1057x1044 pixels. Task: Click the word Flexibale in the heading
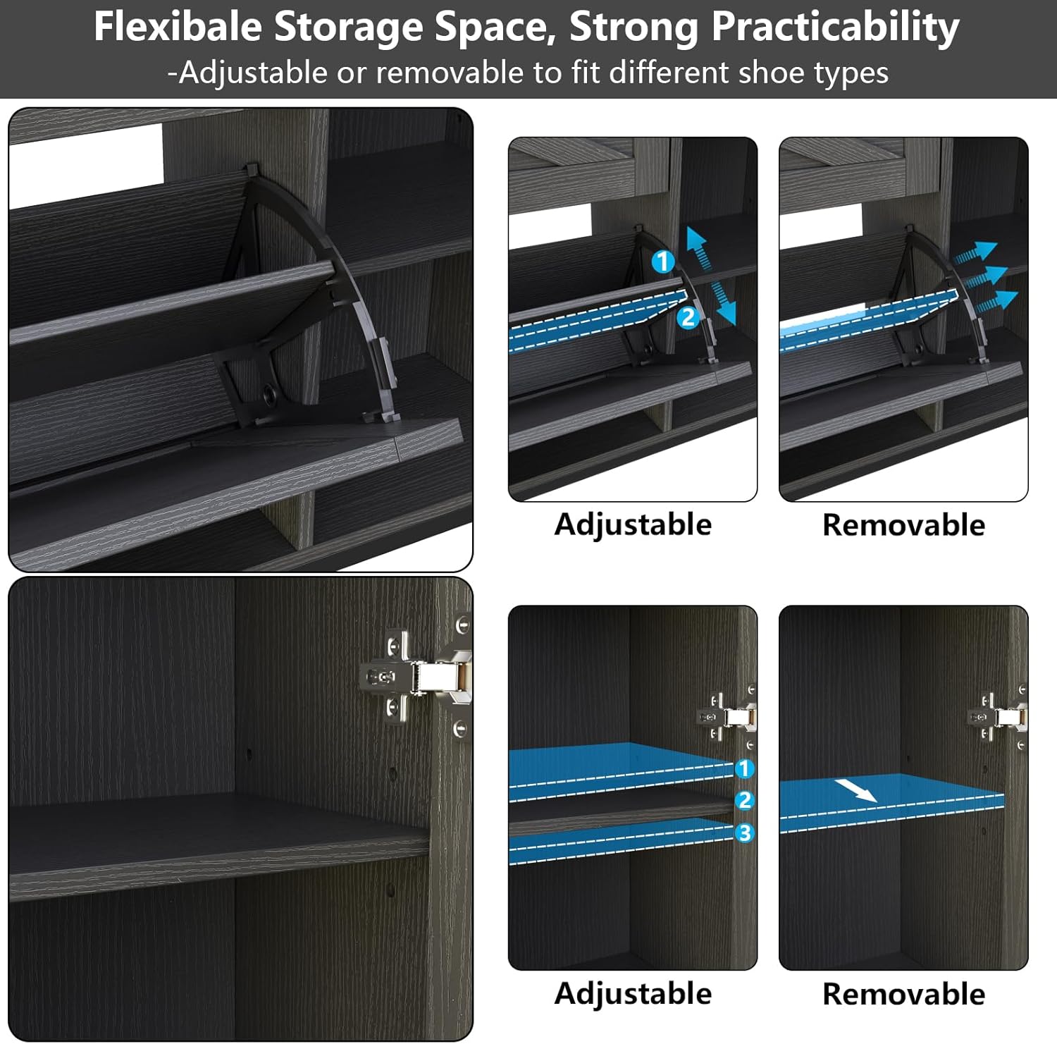click(x=178, y=27)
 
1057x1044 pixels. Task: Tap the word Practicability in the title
click(x=835, y=28)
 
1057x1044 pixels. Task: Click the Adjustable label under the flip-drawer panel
click(x=633, y=525)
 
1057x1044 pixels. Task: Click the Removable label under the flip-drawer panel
click(x=903, y=525)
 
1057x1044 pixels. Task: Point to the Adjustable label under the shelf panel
click(x=633, y=994)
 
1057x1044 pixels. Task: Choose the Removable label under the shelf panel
click(x=903, y=994)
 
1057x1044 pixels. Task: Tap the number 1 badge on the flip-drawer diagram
click(x=662, y=262)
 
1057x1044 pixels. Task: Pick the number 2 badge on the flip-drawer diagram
click(x=688, y=317)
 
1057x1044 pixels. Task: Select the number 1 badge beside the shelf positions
click(x=744, y=768)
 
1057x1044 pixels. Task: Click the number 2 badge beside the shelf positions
click(x=744, y=800)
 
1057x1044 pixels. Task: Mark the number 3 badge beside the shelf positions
click(x=744, y=833)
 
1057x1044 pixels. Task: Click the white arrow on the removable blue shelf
click(x=856, y=790)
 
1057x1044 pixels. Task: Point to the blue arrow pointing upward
click(x=697, y=246)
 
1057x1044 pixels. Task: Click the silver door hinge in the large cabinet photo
click(x=416, y=677)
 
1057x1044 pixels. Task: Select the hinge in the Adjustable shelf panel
click(x=729, y=716)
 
